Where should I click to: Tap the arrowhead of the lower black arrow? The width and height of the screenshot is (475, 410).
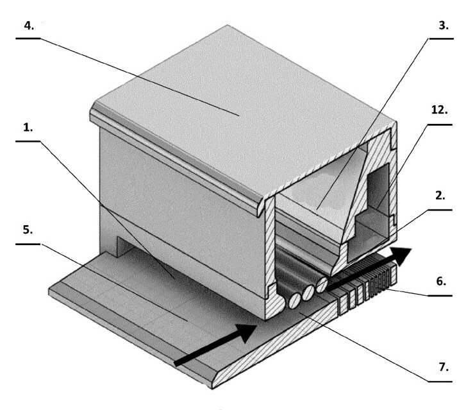click(247, 332)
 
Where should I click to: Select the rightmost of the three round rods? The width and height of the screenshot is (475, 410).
click(322, 282)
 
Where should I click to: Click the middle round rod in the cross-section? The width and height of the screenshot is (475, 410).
click(308, 291)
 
